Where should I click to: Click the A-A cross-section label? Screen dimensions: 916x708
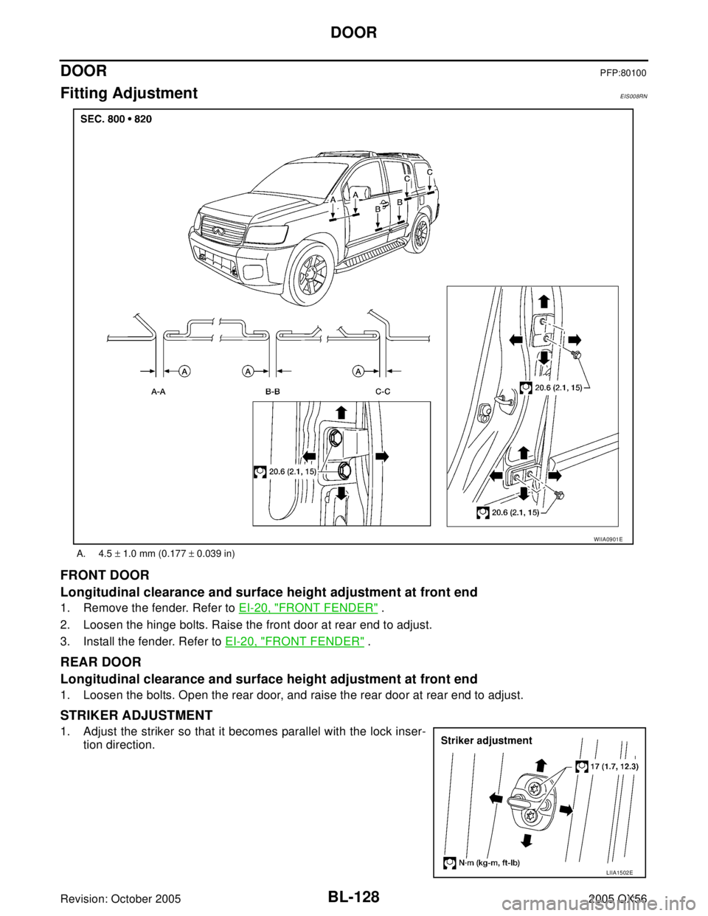pyautogui.click(x=158, y=393)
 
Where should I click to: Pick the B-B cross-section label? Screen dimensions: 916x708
pyautogui.click(x=272, y=393)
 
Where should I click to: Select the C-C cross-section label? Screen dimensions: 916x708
pyautogui.click(x=382, y=393)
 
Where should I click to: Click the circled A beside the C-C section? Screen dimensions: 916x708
pyautogui.click(x=358, y=370)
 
